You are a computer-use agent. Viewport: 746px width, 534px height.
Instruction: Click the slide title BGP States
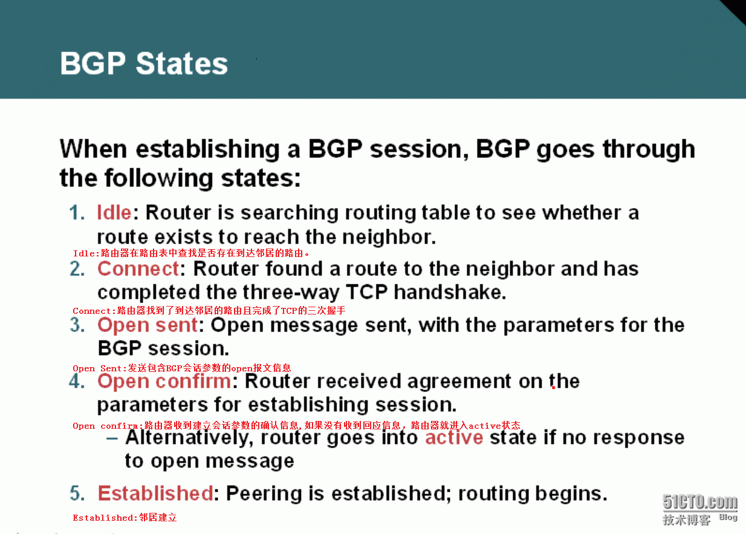144,63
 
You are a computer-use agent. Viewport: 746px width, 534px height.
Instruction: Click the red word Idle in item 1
114,212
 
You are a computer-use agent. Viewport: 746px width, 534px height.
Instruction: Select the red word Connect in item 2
138,269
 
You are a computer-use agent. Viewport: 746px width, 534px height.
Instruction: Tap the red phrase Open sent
148,325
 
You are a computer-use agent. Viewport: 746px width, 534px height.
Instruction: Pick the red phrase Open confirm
164,382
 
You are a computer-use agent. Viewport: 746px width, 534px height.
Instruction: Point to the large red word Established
155,493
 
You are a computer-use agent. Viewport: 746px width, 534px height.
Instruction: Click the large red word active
454,437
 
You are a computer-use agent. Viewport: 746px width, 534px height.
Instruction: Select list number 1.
77,212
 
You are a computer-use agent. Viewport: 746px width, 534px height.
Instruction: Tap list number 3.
77,325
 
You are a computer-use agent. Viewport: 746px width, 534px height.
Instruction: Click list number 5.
77,493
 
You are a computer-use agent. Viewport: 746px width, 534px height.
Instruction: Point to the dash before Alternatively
112,438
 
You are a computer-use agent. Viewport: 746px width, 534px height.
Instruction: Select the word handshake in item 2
450,292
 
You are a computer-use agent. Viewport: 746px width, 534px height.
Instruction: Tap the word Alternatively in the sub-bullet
189,438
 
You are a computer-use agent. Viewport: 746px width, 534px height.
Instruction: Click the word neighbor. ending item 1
389,237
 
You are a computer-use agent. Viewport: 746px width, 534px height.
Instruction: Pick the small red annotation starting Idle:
191,253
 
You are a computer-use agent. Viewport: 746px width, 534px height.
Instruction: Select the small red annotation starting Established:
125,517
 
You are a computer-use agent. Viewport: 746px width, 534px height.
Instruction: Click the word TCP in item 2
367,292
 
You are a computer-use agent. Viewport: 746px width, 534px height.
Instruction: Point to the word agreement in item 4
459,382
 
